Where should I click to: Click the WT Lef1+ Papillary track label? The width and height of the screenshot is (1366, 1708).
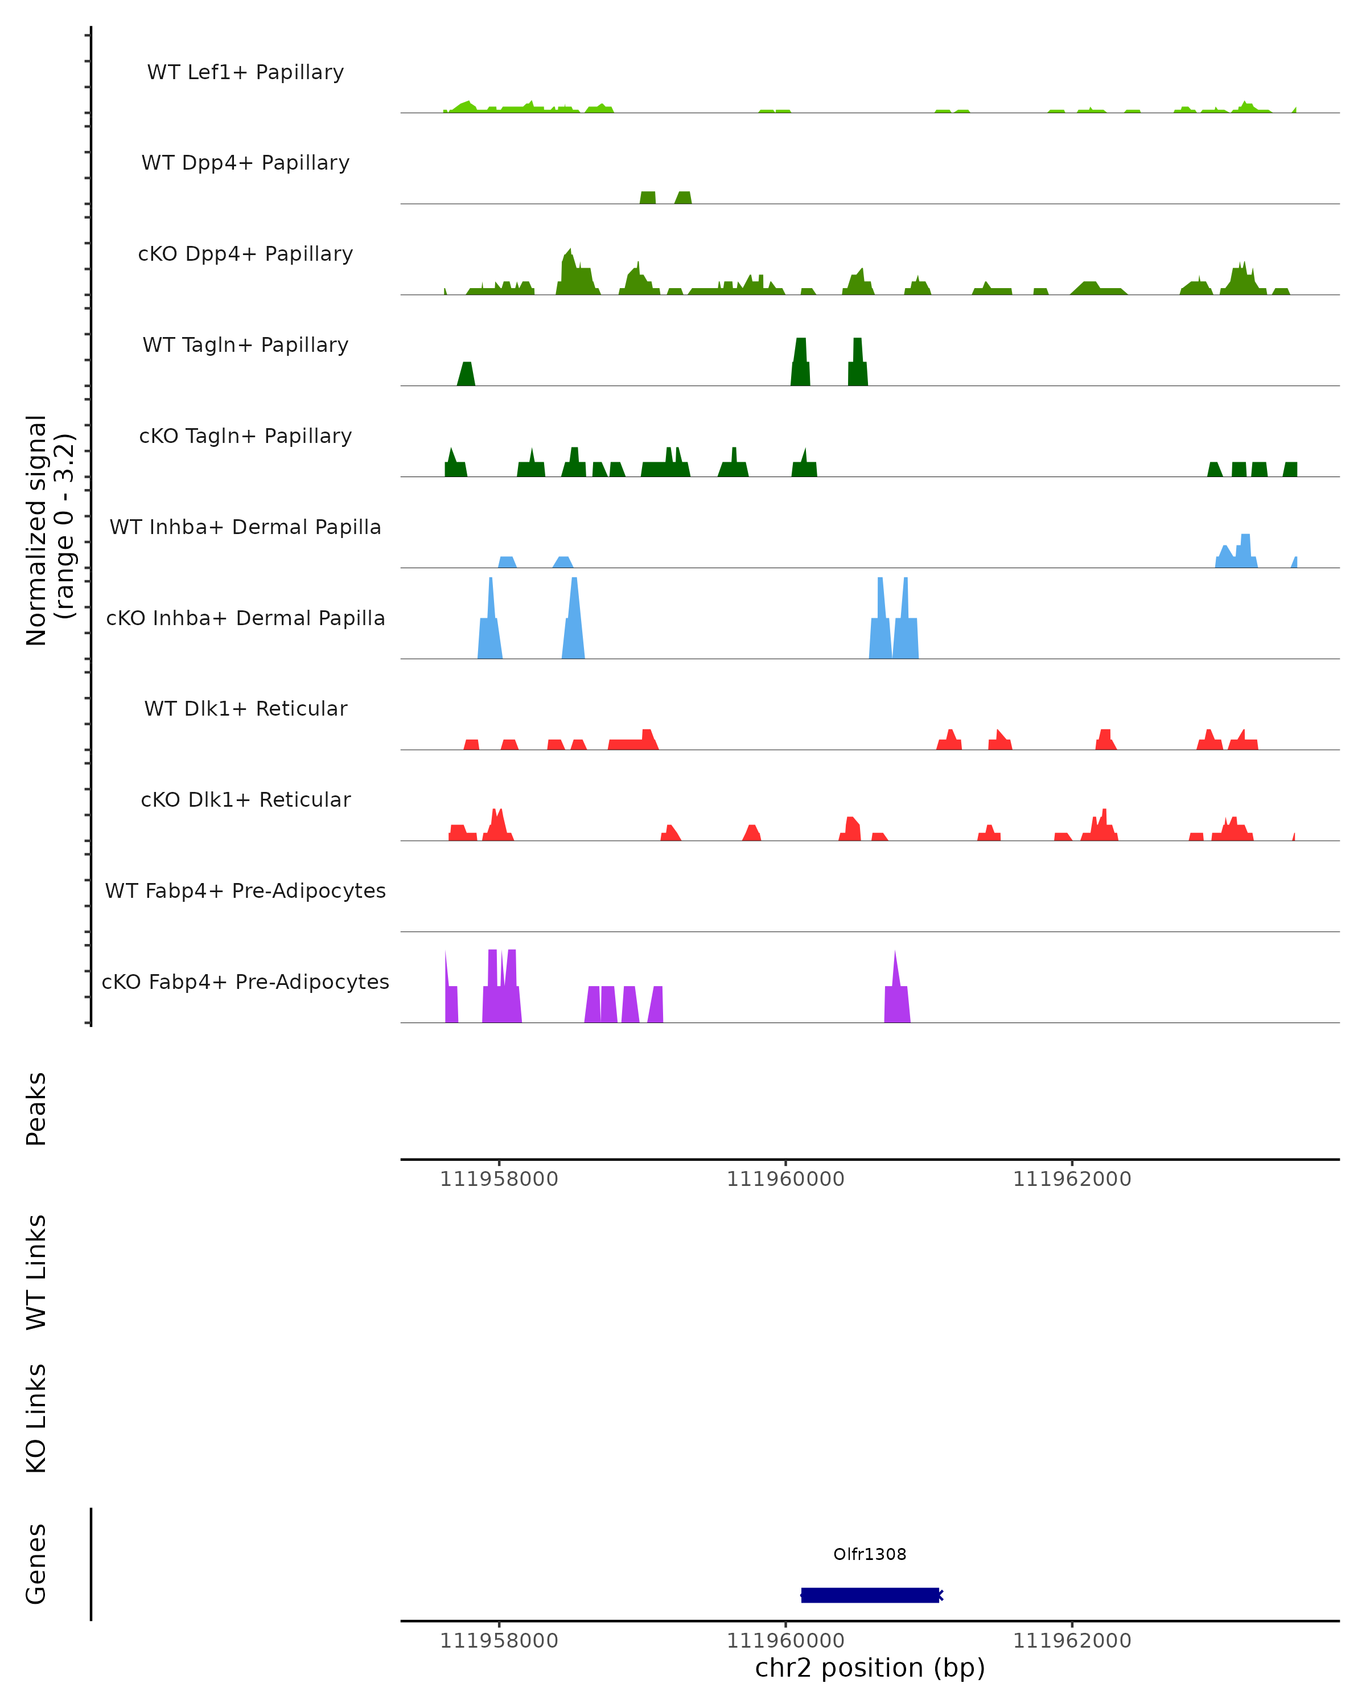tap(245, 72)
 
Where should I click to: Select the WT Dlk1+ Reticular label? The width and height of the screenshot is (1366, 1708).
tap(245, 708)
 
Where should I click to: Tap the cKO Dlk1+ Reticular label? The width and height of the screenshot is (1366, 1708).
tap(245, 799)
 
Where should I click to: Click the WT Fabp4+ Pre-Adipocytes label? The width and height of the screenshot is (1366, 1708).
tap(245, 890)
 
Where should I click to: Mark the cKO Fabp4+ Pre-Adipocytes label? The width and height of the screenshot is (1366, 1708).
tap(245, 982)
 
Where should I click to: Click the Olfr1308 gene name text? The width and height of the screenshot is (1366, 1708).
tap(870, 1554)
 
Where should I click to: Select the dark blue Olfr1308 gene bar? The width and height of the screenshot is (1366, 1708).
tap(870, 1595)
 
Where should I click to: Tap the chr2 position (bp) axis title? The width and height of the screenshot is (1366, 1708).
tap(870, 1668)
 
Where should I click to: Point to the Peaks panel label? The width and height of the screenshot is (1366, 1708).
tap(36, 1108)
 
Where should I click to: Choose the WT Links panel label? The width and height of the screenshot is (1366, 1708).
tap(36, 1271)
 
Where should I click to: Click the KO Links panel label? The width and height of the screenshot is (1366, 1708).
tap(36, 1418)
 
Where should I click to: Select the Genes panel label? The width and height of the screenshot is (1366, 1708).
tap(36, 1564)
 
